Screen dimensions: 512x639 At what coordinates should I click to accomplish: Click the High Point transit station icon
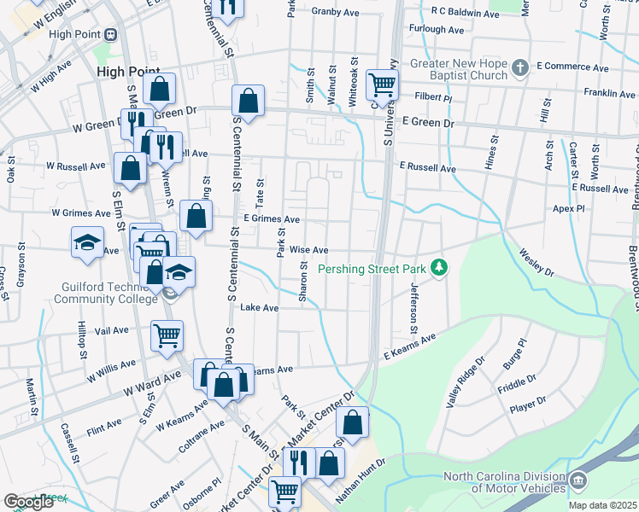[110, 35]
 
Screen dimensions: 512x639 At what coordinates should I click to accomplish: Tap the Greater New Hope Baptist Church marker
[519, 67]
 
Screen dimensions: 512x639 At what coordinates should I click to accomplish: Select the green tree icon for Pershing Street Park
[439, 269]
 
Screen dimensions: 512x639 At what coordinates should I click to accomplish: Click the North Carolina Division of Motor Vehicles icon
[578, 481]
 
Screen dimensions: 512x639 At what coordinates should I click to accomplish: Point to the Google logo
[28, 502]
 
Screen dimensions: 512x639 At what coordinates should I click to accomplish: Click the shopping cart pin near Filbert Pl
[381, 84]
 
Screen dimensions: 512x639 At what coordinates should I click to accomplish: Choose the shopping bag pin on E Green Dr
[247, 101]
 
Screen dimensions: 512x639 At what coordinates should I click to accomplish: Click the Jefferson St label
[413, 308]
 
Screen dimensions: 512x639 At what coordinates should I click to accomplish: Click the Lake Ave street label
[260, 307]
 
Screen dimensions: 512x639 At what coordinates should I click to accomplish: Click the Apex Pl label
[568, 208]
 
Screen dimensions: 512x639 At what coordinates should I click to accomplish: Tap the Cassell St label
[69, 442]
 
